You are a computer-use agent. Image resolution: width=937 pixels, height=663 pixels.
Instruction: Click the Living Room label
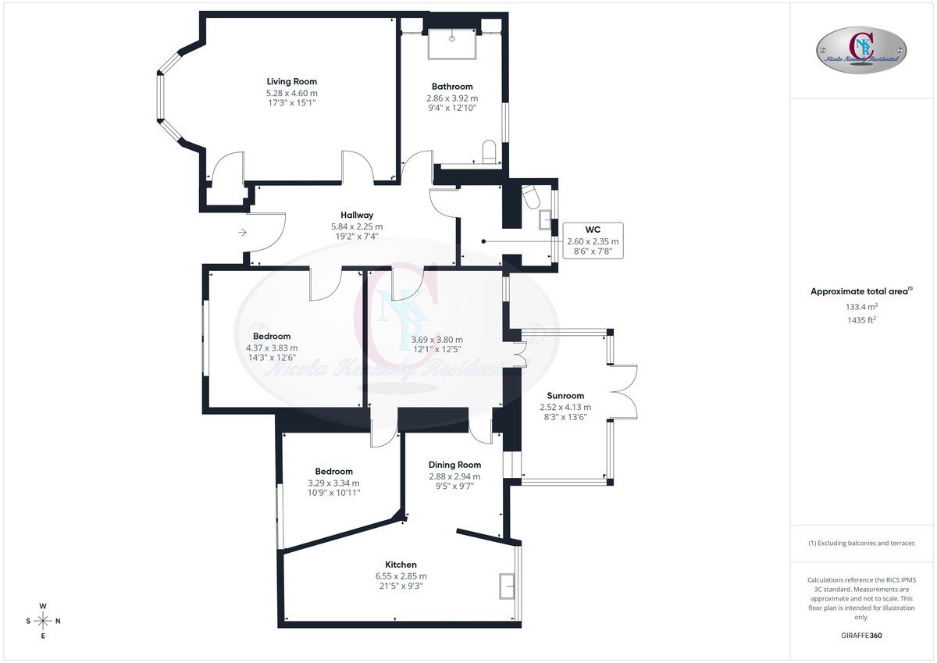pyautogui.click(x=291, y=81)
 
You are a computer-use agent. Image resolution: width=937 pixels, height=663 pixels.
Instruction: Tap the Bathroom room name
pyautogui.click(x=452, y=87)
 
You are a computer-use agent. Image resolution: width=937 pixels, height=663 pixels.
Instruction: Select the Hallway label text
pyautogui.click(x=357, y=215)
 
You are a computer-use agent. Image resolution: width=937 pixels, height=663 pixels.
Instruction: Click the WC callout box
pyautogui.click(x=593, y=241)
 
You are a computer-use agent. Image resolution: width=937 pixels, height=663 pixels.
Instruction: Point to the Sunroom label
pyautogui.click(x=565, y=396)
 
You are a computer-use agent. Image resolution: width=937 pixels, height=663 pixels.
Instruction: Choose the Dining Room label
pyautogui.click(x=454, y=465)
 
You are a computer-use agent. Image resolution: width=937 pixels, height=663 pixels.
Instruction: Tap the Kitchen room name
pyautogui.click(x=401, y=565)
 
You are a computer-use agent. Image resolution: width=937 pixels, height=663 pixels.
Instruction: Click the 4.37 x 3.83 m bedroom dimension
pyautogui.click(x=272, y=348)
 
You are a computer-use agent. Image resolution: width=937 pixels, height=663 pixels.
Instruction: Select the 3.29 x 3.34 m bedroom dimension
pyautogui.click(x=334, y=483)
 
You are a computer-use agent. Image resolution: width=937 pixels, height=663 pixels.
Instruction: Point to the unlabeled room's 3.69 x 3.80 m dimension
pyautogui.click(x=437, y=340)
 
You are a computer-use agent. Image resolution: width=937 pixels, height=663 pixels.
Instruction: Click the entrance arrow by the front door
pyautogui.click(x=243, y=232)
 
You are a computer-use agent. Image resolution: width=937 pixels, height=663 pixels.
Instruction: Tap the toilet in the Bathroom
pyautogui.click(x=489, y=151)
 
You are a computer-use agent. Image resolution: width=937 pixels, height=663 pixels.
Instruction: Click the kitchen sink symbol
pyautogui.click(x=507, y=586)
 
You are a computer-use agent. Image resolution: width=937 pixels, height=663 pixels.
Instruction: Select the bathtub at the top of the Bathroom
pyautogui.click(x=452, y=44)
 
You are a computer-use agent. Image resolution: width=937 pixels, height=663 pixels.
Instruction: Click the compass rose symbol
pyautogui.click(x=43, y=621)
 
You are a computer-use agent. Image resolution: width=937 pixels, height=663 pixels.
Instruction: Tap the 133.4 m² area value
pyautogui.click(x=862, y=307)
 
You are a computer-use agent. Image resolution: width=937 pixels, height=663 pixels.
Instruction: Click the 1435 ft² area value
pyautogui.click(x=862, y=320)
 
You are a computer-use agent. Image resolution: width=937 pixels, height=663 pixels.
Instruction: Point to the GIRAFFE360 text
pyautogui.click(x=861, y=636)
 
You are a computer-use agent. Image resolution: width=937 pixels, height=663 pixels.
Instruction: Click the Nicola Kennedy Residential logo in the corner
pyautogui.click(x=861, y=50)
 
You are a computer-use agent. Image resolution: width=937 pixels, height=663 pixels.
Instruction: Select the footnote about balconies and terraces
pyautogui.click(x=861, y=543)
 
